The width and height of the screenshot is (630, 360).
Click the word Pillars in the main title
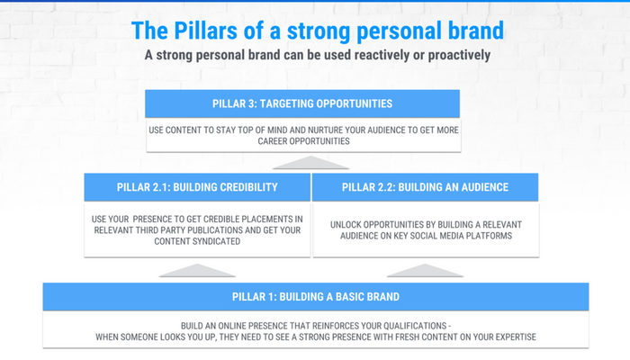pos(205,31)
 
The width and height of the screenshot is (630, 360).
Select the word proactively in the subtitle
pos(459,55)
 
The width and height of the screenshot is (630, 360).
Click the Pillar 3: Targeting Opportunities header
pos(302,103)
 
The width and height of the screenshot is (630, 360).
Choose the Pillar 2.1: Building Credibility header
pos(197,187)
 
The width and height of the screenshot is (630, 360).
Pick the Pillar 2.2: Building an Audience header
pos(425,187)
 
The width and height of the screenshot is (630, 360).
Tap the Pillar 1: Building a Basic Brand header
pos(316,296)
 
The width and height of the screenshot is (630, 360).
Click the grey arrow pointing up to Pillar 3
pos(310,163)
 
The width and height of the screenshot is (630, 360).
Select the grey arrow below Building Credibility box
pos(197,271)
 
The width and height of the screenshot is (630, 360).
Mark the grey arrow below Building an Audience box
pos(425,271)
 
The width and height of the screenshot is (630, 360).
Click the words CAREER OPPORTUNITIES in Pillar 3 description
pos(304,141)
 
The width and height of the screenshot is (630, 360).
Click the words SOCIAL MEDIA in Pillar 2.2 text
pos(443,236)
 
